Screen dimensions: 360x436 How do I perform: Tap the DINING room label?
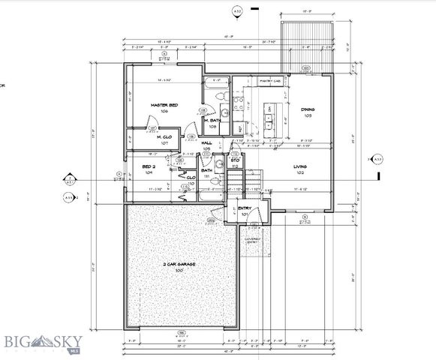tap(308, 109)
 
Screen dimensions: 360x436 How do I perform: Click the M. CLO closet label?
tap(164, 138)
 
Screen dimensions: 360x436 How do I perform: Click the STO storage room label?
tap(235, 160)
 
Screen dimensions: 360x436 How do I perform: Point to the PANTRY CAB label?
tap(270, 79)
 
